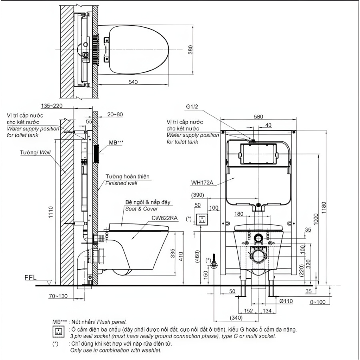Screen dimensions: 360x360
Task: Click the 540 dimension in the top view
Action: pyautogui.click(x=133, y=82)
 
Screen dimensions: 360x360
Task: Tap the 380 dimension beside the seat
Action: pyautogui.click(x=190, y=50)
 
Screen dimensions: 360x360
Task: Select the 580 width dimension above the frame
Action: pyautogui.click(x=258, y=117)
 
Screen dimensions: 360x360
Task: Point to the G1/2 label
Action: pyautogui.click(x=192, y=106)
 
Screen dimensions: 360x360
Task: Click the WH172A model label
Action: pyautogui.click(x=202, y=183)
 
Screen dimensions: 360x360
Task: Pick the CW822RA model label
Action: pyautogui.click(x=165, y=218)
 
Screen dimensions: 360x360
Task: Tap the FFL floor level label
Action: pyautogui.click(x=30, y=278)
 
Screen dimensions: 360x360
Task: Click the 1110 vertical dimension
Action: pyautogui.click(x=51, y=212)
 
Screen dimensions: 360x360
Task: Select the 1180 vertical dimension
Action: pyautogui.click(x=324, y=208)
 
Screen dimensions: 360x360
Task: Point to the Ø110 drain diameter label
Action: pyautogui.click(x=286, y=301)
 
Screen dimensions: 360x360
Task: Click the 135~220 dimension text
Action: pyautogui.click(x=52, y=106)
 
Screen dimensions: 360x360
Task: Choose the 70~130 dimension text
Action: pyautogui.click(x=58, y=296)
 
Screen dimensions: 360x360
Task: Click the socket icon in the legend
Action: pyautogui.click(x=58, y=332)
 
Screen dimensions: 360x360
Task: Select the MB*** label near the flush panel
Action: pyautogui.click(x=116, y=142)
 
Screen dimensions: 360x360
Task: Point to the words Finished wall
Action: pyautogui.click(x=121, y=183)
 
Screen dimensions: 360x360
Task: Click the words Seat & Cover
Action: pyautogui.click(x=142, y=209)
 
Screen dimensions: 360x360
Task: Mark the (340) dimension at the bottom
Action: pyautogui.click(x=236, y=318)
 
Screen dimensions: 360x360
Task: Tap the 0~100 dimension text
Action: pyautogui.click(x=318, y=302)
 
